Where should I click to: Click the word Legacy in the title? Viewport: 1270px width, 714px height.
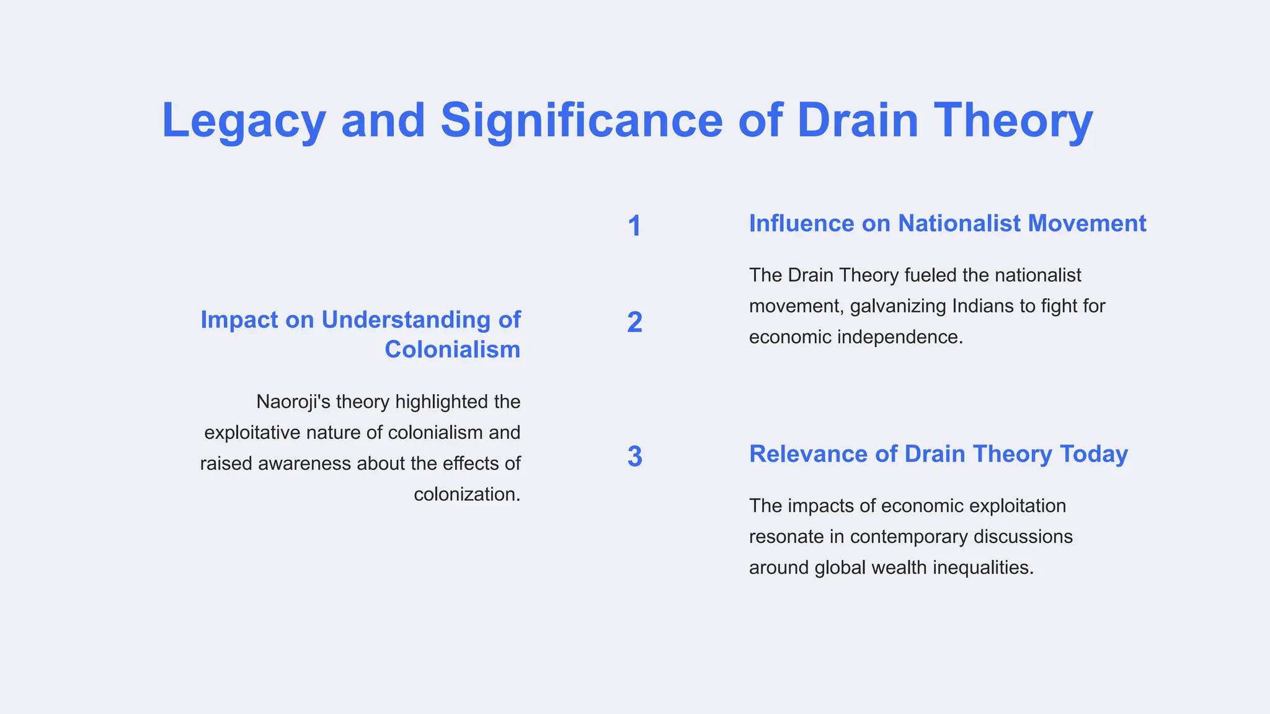(x=243, y=121)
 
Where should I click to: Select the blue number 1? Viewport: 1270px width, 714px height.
(x=634, y=226)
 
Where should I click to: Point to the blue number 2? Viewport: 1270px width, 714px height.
(x=634, y=322)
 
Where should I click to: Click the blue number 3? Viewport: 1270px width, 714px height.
(x=634, y=457)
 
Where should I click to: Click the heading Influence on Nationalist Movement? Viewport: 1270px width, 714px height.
(x=948, y=224)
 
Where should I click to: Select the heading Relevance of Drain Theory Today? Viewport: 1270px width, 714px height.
(x=938, y=454)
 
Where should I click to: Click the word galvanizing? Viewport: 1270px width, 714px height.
(x=898, y=306)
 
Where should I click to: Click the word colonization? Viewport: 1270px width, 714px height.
(x=467, y=495)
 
